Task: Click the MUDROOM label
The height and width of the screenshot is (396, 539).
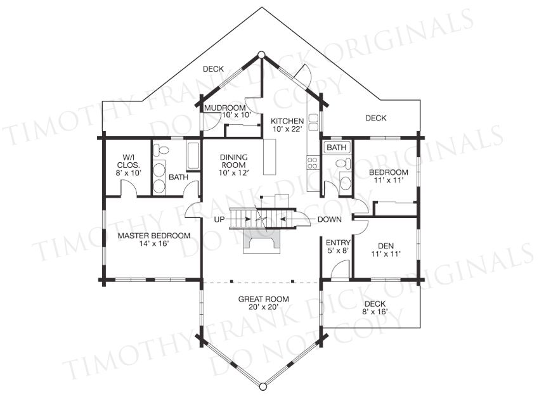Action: coord(225,108)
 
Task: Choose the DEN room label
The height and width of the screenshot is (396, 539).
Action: coord(386,246)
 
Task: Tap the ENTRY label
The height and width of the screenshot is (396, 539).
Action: coord(338,243)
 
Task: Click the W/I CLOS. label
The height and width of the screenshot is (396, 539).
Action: coord(129,161)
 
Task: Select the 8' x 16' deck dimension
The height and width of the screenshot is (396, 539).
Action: coord(375,312)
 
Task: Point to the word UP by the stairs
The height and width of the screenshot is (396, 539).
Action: coord(219,219)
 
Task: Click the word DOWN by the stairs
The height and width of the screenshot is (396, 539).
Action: coord(329,219)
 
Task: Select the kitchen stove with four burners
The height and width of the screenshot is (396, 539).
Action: coord(313,163)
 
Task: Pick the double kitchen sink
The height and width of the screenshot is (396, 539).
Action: coord(314,123)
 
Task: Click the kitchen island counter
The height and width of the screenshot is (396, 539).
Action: coord(270,157)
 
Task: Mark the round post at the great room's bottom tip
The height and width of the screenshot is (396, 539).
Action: coord(263,386)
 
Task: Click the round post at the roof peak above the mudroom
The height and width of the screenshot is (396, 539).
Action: coord(261,54)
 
